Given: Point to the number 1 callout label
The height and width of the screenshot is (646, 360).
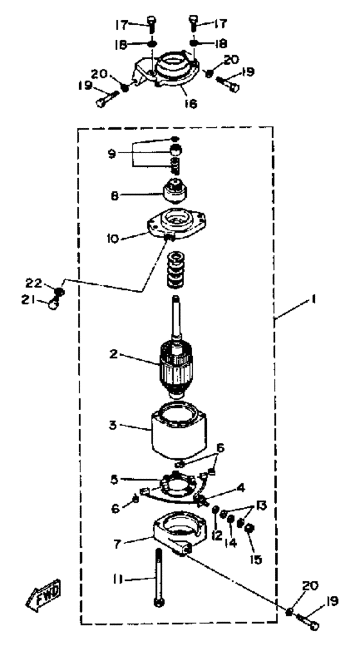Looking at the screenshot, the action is point(313,300).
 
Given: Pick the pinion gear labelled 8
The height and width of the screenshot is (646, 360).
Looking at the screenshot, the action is point(176,192).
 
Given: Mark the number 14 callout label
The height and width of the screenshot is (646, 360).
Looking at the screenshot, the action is point(231,543).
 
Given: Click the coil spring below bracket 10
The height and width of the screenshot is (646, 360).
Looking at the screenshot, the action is point(176,270).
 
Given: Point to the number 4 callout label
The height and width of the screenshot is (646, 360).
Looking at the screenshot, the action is point(241,489).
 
